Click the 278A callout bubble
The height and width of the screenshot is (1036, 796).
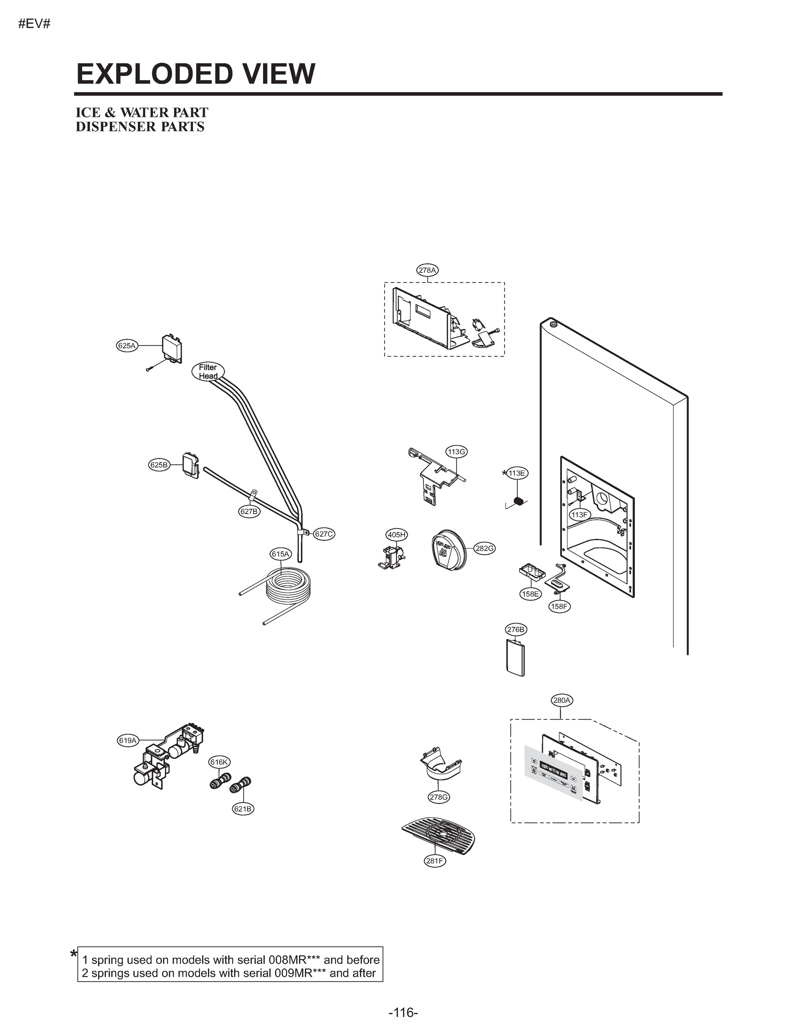428,270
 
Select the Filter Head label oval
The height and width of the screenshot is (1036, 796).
208,372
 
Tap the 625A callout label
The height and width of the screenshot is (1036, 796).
127,346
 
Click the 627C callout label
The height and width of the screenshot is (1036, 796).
324,534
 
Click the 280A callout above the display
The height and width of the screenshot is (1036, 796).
562,700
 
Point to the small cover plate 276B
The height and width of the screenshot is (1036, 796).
516,658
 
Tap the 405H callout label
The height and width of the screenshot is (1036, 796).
396,535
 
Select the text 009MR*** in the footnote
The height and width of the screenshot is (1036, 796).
300,973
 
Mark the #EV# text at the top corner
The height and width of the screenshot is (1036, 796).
34,24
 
